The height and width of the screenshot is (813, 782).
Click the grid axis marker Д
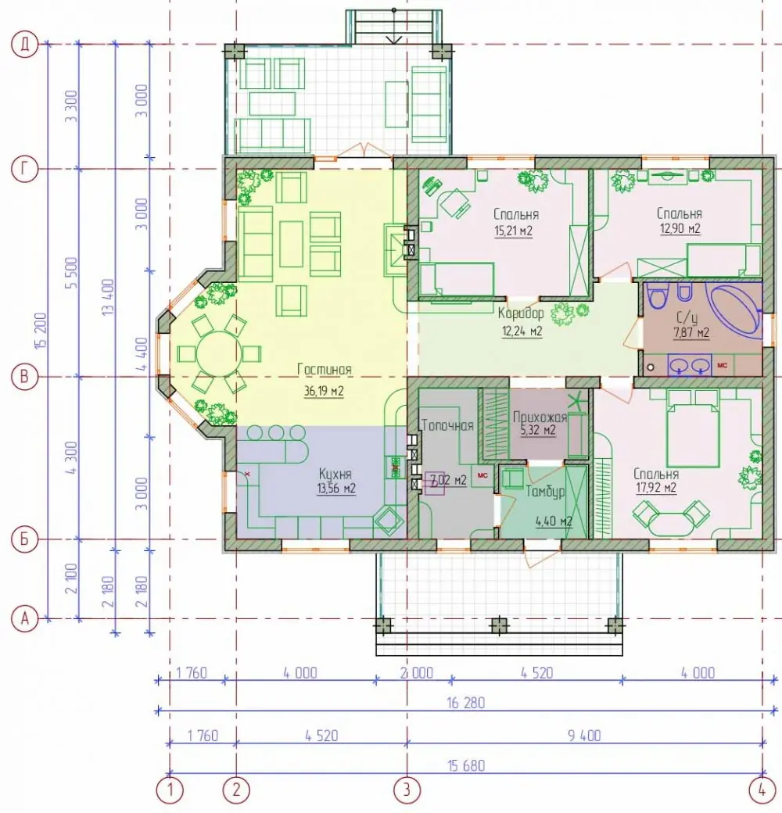(24, 45)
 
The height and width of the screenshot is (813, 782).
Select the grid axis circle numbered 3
(407, 790)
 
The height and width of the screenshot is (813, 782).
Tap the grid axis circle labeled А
(24, 618)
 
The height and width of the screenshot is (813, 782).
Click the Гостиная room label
(324, 370)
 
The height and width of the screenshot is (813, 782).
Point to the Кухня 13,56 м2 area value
(336, 489)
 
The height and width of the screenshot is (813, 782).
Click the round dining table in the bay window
(218, 354)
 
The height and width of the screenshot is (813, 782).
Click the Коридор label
(521, 313)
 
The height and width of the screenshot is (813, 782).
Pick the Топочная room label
(447, 426)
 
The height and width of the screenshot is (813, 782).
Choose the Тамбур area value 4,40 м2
(554, 521)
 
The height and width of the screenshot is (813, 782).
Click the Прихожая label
(540, 417)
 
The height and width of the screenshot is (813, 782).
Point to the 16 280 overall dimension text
(465, 703)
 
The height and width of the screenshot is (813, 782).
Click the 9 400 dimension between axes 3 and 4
(584, 736)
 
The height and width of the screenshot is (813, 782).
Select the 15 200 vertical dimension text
(42, 331)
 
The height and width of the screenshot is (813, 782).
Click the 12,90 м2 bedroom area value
(680, 228)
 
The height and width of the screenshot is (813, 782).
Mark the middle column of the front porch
(498, 625)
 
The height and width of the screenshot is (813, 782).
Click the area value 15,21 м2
(513, 231)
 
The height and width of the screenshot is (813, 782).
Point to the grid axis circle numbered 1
(170, 790)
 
